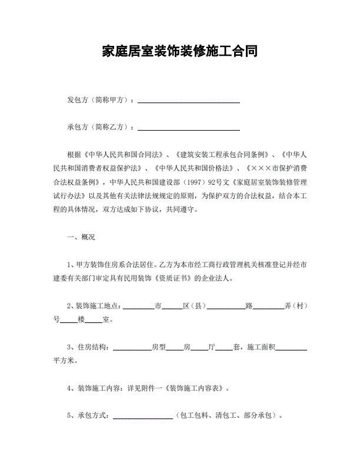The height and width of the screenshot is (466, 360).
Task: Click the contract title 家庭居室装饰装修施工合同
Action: pos(179,51)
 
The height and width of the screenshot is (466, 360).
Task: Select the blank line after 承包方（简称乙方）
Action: pos(188,128)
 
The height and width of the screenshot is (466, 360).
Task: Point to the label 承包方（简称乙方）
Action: pos(101,127)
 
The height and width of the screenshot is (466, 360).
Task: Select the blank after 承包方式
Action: pos(142,417)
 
